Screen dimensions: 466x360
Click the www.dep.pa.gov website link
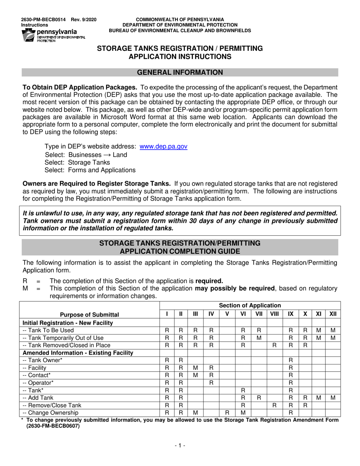(163, 146)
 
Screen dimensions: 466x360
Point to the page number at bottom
(180, 446)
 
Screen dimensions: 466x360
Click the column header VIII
(274, 314)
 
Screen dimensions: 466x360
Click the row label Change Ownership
(51, 413)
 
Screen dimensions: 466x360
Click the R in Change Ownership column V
(227, 413)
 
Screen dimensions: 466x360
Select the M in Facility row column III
(196, 367)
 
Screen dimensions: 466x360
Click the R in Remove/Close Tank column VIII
(274, 405)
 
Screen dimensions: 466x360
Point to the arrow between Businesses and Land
(107, 155)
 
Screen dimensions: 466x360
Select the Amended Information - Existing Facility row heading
(78, 353)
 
